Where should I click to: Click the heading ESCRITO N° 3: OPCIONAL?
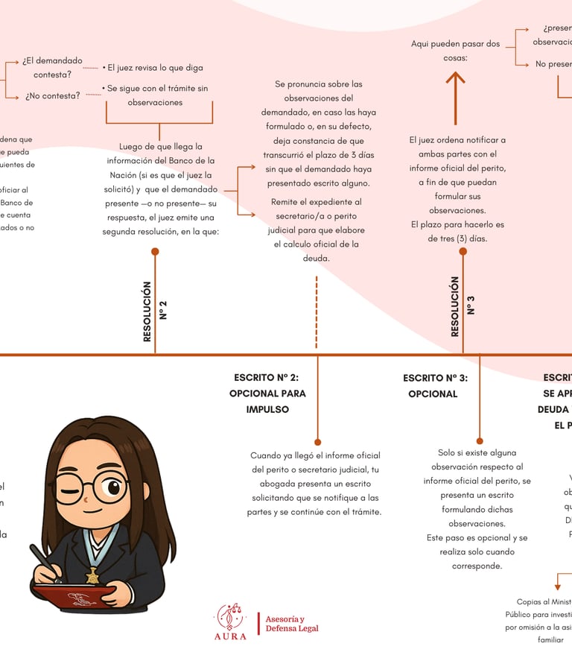point(435,385)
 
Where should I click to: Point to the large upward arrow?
point(455,98)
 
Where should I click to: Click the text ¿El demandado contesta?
point(52,67)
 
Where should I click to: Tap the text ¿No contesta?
point(52,96)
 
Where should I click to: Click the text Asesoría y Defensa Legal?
point(292,624)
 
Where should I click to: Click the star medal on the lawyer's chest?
point(92,575)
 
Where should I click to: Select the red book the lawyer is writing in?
point(78,596)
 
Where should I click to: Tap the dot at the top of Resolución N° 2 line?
point(155,252)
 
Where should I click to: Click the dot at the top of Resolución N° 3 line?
point(463,252)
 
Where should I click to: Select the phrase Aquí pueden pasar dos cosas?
point(455,51)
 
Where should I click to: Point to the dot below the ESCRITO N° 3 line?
point(479,441)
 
